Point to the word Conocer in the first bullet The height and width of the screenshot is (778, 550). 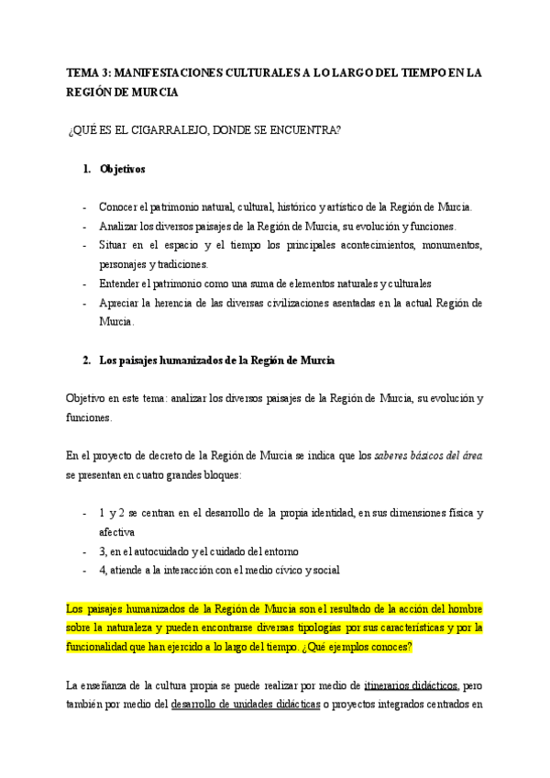pyautogui.click(x=118, y=207)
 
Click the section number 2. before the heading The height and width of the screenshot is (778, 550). pyautogui.click(x=87, y=361)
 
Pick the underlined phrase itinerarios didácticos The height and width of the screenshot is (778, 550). pyautogui.click(x=412, y=684)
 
